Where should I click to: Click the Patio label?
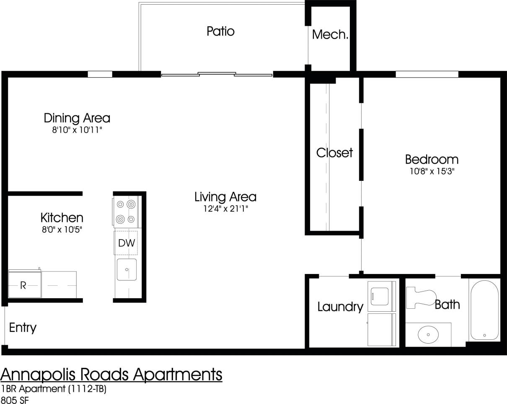point(220,31)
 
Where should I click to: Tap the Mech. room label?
point(330,34)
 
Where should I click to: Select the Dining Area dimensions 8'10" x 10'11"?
point(77,130)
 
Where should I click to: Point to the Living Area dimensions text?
point(225,209)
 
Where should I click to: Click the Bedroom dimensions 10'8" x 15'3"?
point(432,171)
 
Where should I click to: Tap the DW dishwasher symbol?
point(126,243)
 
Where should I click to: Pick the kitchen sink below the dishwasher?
point(127,269)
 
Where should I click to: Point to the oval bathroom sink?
point(428,335)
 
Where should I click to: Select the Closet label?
point(334,153)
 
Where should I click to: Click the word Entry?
point(23,328)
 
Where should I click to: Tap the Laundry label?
point(340,307)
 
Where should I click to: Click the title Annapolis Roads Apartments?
point(111,374)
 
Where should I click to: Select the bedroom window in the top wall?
point(427,75)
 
